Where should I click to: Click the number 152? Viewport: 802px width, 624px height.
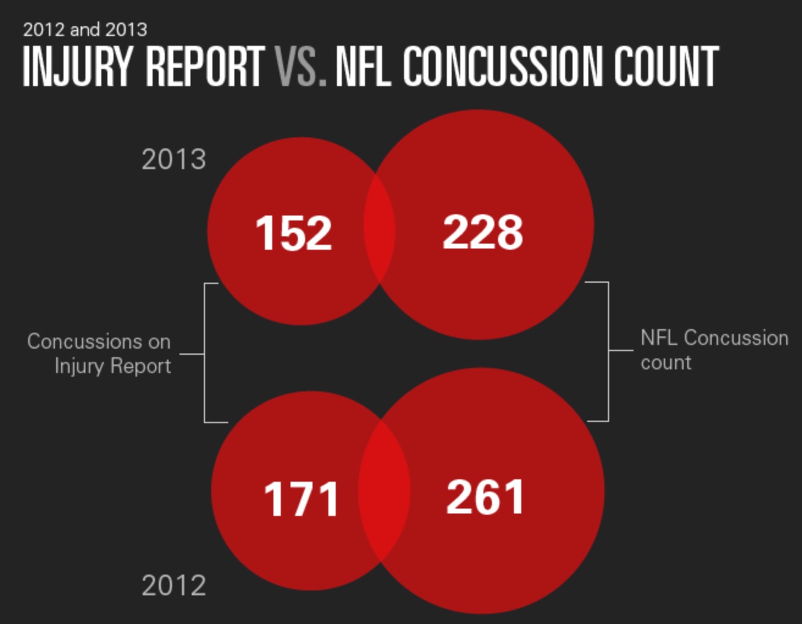[x=294, y=233]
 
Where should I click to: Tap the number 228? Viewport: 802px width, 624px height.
[x=482, y=232]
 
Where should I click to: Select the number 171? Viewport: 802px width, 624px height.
[x=301, y=499]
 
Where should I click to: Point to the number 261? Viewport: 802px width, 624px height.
[x=485, y=498]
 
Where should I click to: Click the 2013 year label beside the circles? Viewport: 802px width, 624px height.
[x=174, y=160]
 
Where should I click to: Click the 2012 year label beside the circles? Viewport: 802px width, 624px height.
[x=174, y=586]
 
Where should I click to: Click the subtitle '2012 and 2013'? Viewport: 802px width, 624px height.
[x=85, y=29]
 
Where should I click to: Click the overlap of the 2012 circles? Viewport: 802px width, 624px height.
[x=383, y=492]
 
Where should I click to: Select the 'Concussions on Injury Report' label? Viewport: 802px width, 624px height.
[x=99, y=354]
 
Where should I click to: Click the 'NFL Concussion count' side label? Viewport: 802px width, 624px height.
[x=713, y=350]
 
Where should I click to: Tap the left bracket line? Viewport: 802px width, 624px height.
[x=204, y=354]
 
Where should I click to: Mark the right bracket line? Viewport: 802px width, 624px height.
[x=609, y=351]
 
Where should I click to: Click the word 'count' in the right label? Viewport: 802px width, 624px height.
[x=666, y=363]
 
